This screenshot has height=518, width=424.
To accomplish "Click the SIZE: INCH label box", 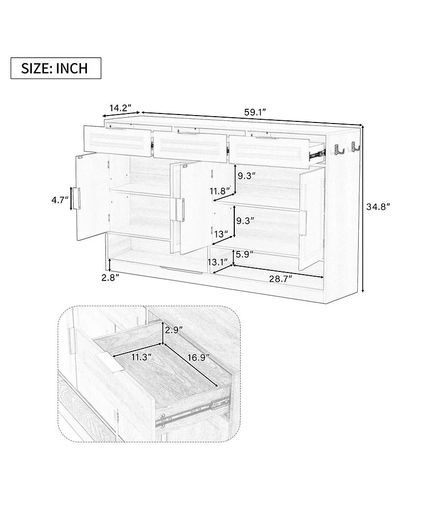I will [56, 68].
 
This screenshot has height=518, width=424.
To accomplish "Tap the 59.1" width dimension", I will [254, 112].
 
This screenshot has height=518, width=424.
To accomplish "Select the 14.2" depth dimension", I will [120, 108].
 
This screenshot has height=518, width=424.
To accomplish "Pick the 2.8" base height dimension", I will [110, 277].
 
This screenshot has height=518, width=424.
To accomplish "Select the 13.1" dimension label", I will [217, 261].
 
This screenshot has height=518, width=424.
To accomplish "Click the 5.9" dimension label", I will [244, 254].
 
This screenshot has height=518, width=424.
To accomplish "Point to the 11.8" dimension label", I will [220, 190].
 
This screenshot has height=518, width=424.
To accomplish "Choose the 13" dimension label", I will [222, 233].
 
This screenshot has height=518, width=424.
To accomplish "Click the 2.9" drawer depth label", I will [174, 330].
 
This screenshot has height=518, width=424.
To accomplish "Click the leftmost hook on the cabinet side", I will [337, 150].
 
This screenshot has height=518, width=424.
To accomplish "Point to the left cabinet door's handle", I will [77, 197].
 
